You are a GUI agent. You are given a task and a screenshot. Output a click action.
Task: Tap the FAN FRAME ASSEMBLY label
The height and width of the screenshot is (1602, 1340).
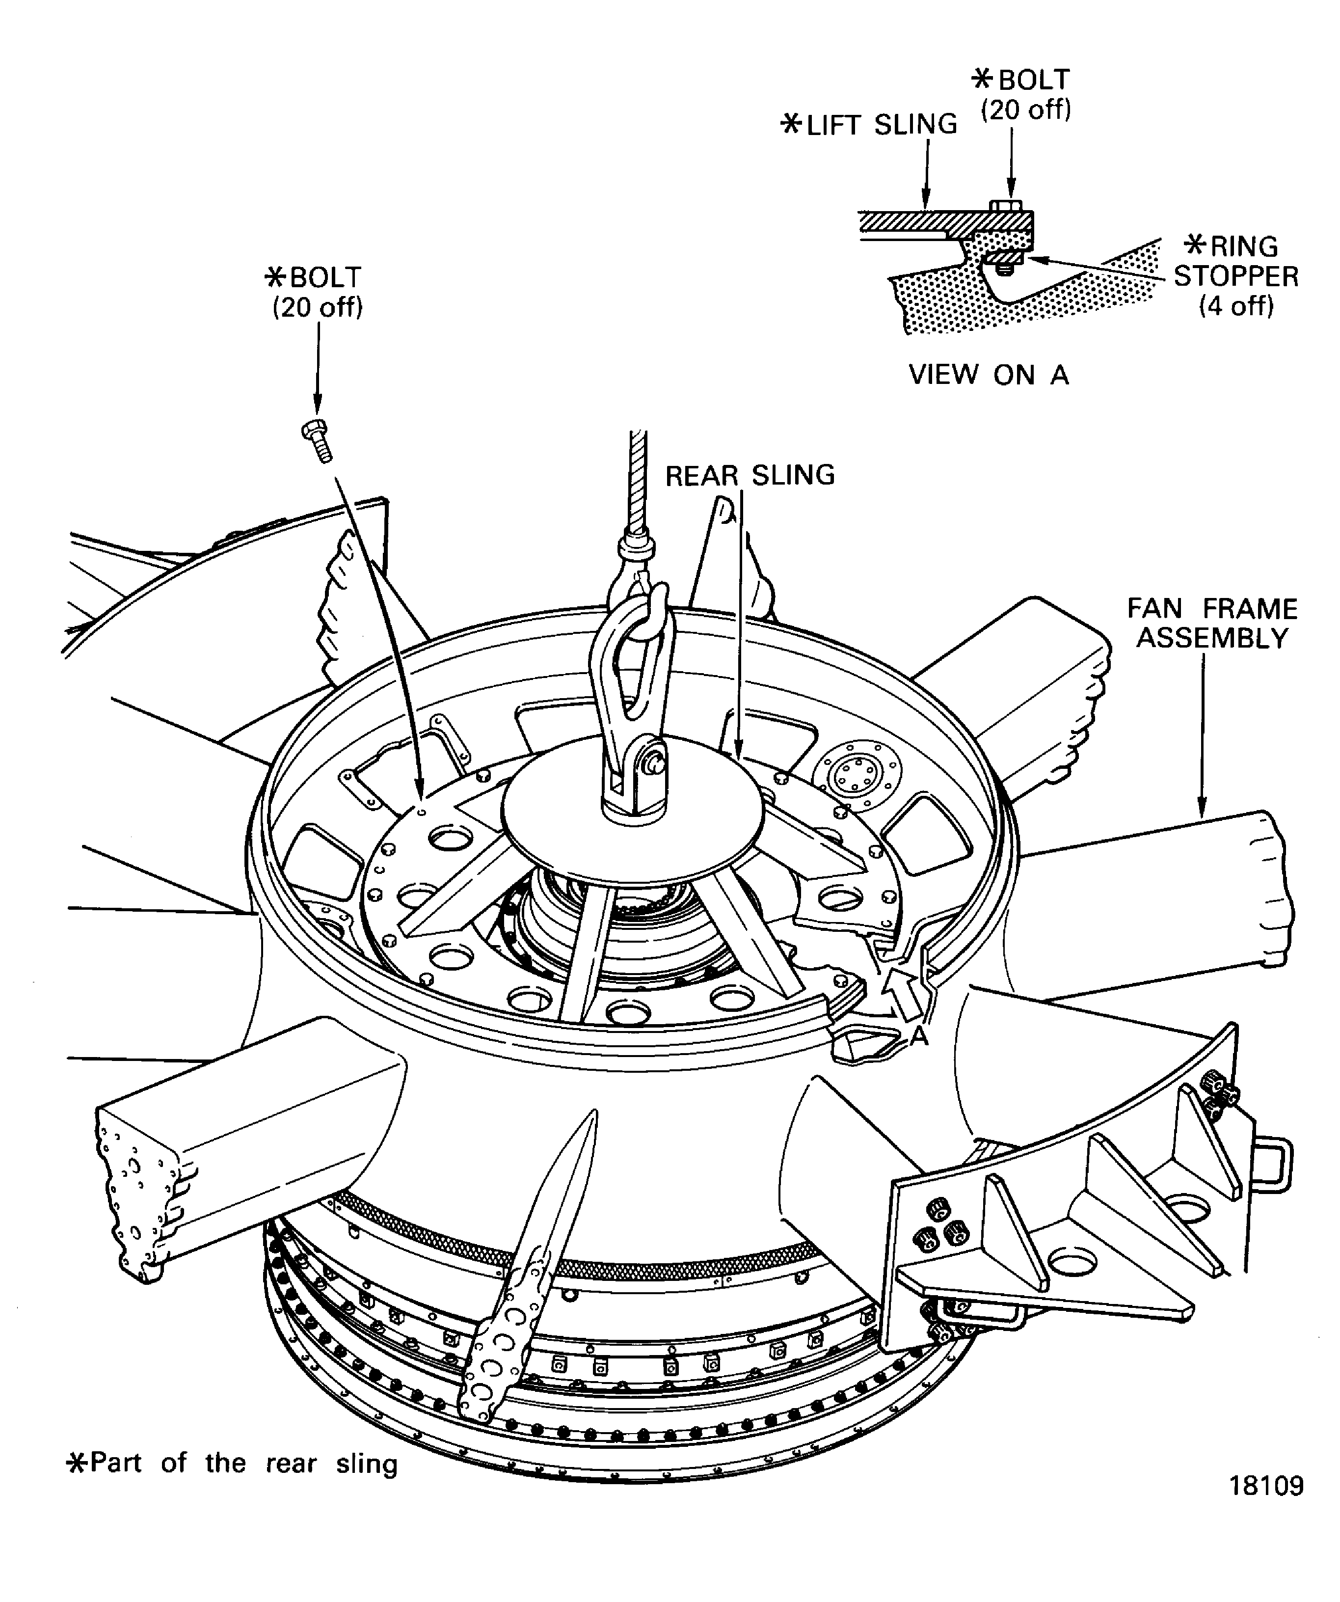[1212, 623]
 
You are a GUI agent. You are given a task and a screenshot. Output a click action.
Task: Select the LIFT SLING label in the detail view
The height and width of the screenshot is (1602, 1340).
[869, 124]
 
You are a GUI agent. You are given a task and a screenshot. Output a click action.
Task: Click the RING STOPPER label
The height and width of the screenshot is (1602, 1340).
[1235, 275]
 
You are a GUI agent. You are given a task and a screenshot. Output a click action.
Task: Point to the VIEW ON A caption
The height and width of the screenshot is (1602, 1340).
[989, 375]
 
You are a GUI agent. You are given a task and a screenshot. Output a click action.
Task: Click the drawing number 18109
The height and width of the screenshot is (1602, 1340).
[1266, 1507]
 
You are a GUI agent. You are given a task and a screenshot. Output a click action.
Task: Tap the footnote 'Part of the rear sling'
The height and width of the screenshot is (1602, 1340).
[233, 1463]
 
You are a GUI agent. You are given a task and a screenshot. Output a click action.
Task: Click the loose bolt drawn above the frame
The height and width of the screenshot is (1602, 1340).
[317, 440]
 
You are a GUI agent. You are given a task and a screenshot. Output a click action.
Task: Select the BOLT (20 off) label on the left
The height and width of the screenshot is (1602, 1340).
[317, 292]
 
